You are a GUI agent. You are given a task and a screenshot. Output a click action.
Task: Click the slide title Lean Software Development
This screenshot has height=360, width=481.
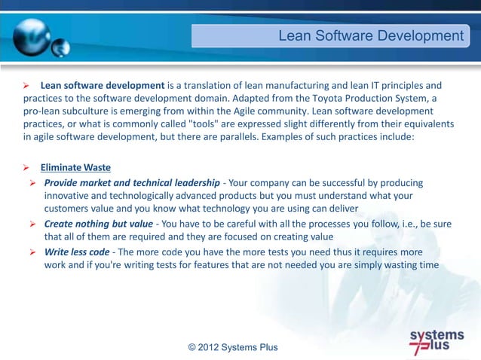370,36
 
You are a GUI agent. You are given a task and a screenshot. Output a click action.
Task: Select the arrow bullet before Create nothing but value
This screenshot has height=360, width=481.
33,224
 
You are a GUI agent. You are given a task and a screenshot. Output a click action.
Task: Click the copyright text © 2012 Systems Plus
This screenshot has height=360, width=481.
233,347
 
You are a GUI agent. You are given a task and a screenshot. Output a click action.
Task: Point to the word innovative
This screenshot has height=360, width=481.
71,196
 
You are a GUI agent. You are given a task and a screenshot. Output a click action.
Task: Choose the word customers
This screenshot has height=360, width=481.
69,208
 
